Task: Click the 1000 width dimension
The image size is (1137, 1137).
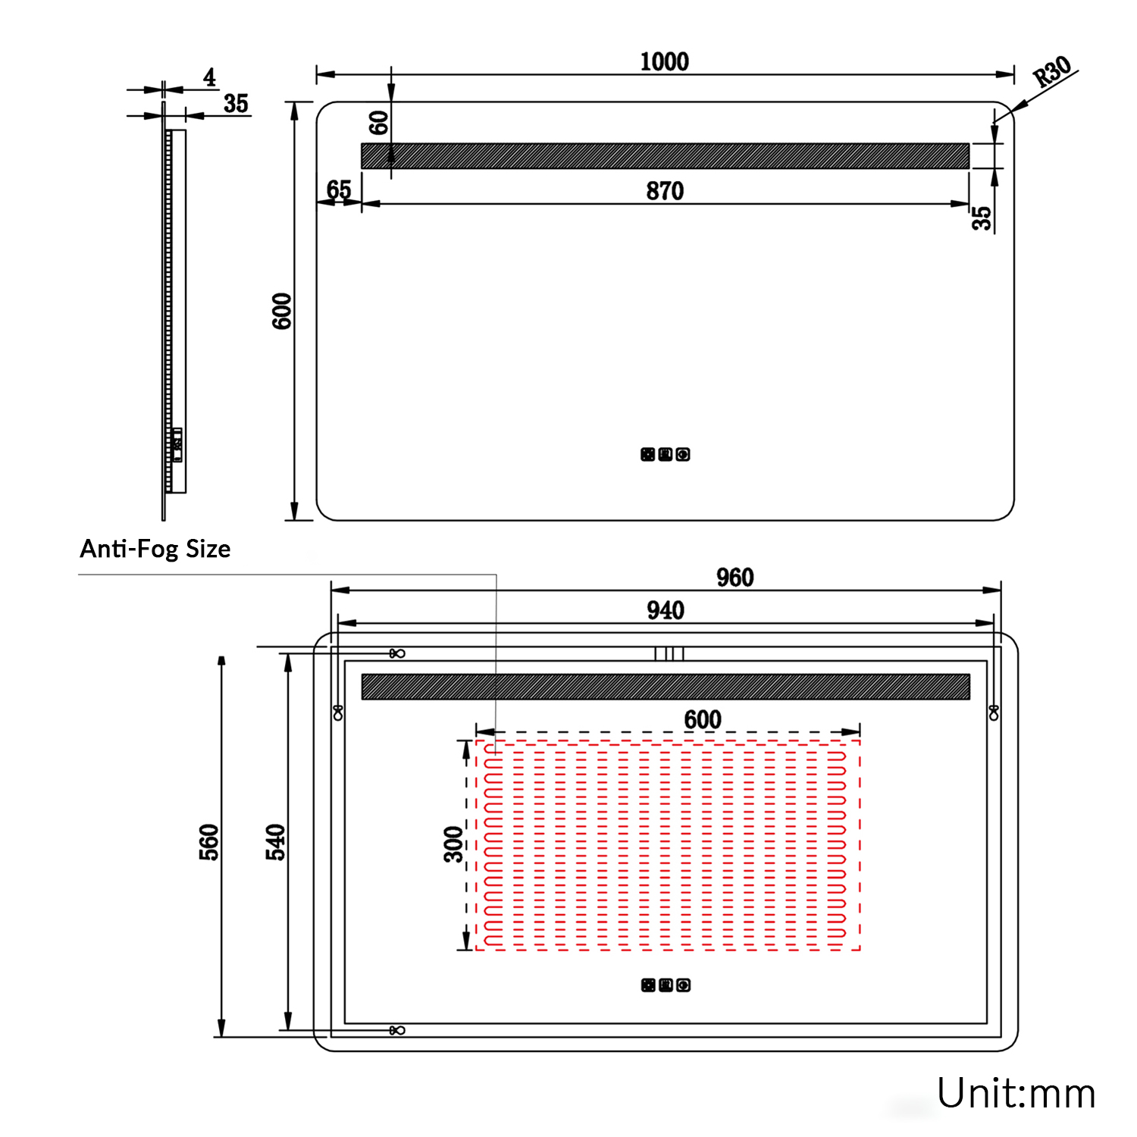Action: coord(664,61)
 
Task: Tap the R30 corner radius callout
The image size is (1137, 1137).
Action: coord(1053,72)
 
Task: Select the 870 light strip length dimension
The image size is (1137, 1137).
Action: coord(665,191)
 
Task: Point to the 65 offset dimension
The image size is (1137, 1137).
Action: coord(339,189)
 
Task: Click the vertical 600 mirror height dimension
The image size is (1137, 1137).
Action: coord(282,311)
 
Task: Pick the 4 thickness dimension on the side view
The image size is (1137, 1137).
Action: coord(209,77)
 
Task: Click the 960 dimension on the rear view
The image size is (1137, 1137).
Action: coord(735,578)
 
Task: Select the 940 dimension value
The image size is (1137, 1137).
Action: coord(665,610)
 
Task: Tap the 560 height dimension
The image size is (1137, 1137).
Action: coord(208,842)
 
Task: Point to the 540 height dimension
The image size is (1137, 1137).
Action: coord(275,842)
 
